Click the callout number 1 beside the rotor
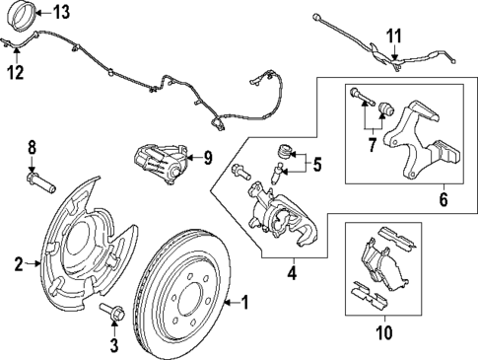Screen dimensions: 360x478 pos(247,302)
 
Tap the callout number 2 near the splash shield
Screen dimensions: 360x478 pos(18,263)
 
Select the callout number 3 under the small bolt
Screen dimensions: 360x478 pos(112,344)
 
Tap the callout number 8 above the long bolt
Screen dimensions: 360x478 pos(32,147)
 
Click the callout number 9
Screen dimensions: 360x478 pos(207,156)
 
